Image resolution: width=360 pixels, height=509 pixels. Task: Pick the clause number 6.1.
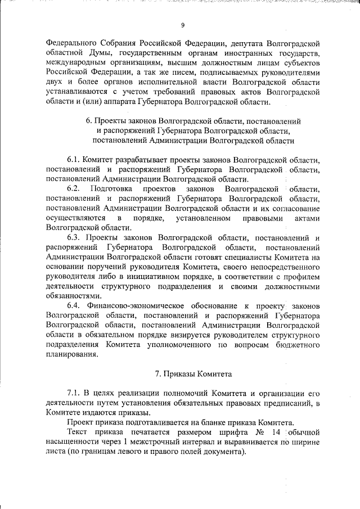tap(75, 159)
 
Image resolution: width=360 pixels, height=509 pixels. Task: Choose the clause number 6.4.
tap(75, 305)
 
